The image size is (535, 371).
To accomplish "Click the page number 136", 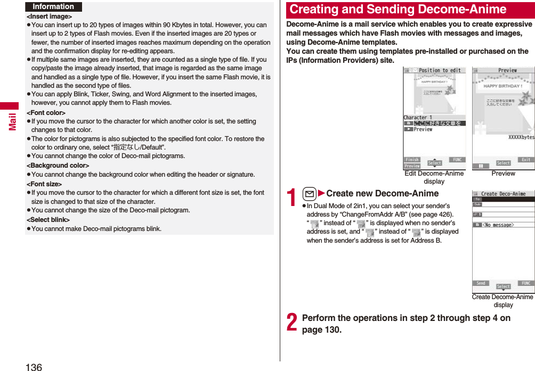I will (33, 366).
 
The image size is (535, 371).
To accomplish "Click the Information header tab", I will (53, 7).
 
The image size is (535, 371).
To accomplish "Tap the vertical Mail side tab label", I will (11, 120).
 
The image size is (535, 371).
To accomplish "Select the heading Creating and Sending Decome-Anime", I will (398, 10).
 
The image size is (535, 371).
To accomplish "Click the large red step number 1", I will (291, 199).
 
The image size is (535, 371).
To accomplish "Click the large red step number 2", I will (291, 323).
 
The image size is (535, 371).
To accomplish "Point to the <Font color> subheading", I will (46, 113).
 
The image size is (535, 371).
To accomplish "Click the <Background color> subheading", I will (58, 166).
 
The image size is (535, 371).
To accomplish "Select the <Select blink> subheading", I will (48, 220).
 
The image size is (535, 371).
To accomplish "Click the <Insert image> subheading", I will (49, 17).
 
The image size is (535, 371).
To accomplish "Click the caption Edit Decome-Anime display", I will (434, 177).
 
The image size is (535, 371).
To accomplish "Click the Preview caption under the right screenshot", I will (503, 174).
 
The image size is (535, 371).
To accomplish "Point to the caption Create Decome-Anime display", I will (502, 301).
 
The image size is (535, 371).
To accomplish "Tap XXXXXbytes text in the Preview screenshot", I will (521, 137).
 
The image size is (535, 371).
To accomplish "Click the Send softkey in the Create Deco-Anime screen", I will (481, 283).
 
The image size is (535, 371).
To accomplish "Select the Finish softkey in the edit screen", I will (412, 160).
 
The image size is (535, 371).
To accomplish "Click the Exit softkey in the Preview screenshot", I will (525, 160).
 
